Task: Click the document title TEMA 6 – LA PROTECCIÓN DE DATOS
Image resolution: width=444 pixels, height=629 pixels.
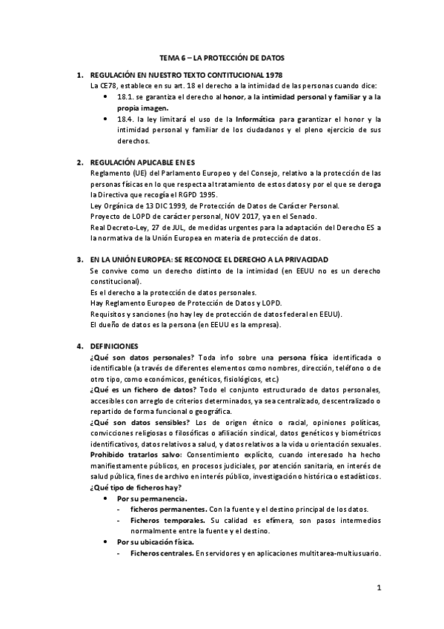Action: click(x=222, y=57)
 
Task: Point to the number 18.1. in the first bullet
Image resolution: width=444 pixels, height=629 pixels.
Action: click(x=127, y=96)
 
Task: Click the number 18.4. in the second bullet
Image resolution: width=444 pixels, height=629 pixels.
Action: click(x=127, y=119)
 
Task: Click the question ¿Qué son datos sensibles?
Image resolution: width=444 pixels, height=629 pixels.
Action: click(x=136, y=423)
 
